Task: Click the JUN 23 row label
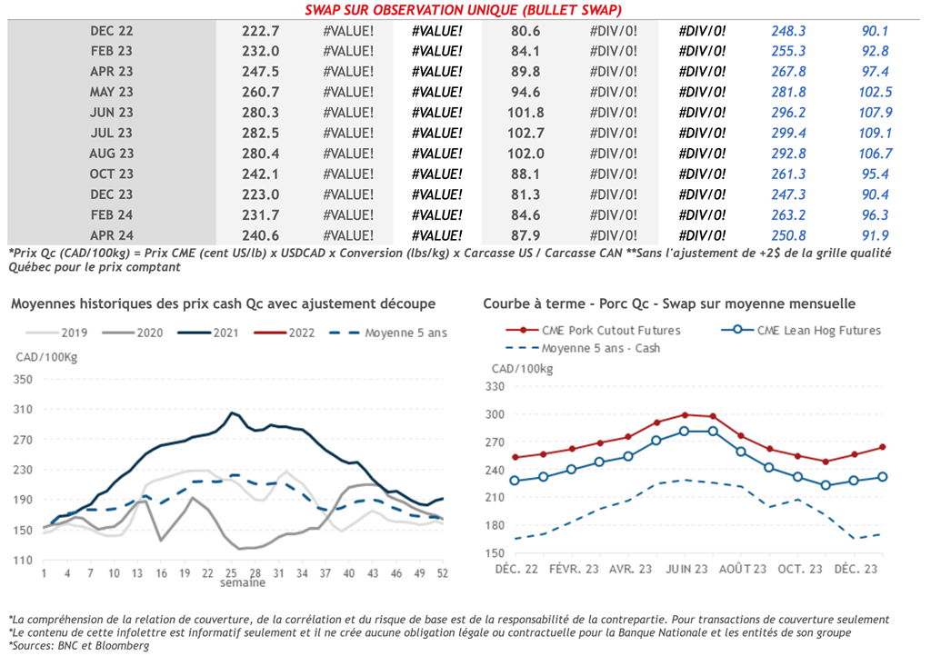click(x=112, y=113)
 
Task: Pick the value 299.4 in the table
click(x=788, y=134)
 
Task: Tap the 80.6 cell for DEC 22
click(x=526, y=31)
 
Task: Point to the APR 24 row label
click(x=112, y=236)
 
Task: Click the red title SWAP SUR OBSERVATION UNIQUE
click(x=464, y=10)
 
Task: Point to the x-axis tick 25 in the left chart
click(x=232, y=574)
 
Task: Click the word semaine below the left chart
click(x=242, y=586)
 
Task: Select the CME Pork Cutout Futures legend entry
click(x=609, y=331)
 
